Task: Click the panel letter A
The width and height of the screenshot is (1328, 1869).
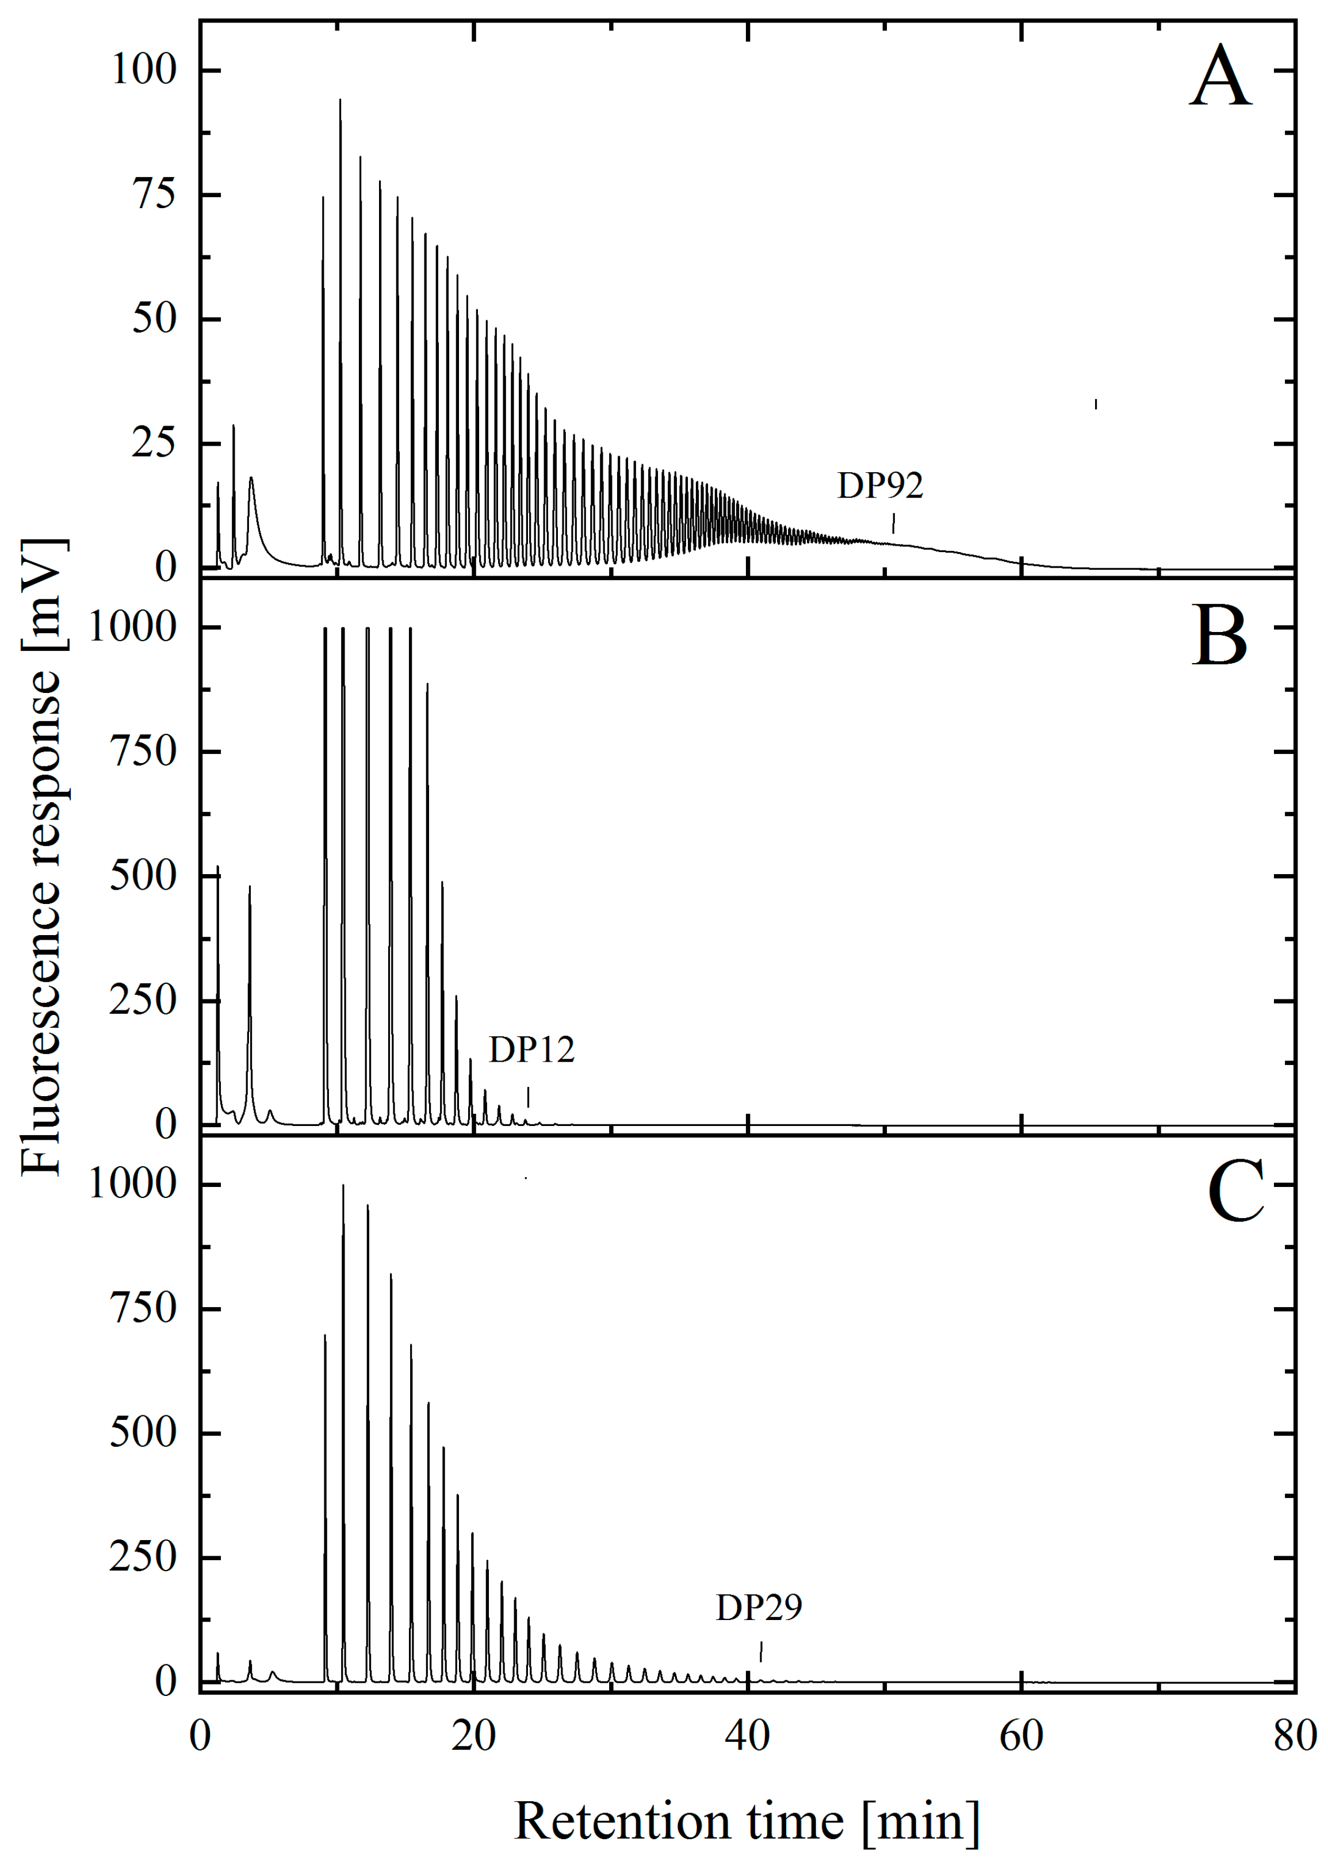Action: [x=1220, y=78]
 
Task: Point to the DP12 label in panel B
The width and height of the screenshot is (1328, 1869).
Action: [x=531, y=1050]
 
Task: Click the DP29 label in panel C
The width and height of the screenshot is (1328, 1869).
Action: [x=759, y=1608]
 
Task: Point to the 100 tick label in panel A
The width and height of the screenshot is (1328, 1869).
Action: [x=144, y=70]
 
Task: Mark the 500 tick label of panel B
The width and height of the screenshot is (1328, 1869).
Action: [x=143, y=876]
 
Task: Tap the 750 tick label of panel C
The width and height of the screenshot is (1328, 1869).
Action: [x=143, y=1309]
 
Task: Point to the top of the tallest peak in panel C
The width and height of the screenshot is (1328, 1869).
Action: [x=343, y=1185]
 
